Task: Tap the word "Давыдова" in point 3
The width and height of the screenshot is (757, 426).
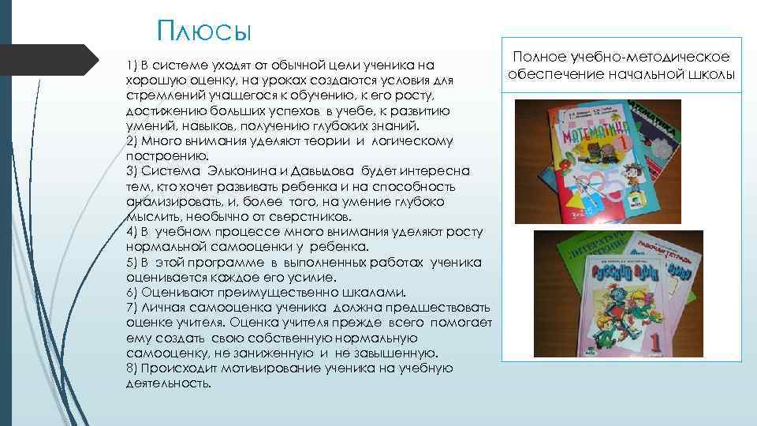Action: tap(326, 171)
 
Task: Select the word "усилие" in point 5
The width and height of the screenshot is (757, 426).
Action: tap(315, 278)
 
